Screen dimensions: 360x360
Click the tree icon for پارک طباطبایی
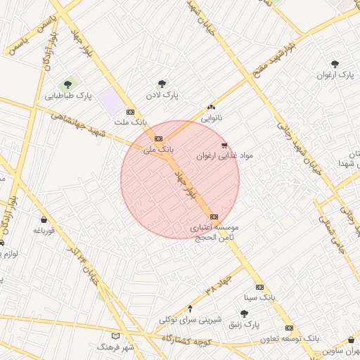point(68,84)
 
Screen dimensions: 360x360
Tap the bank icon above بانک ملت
point(130,112)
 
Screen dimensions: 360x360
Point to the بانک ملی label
point(157,149)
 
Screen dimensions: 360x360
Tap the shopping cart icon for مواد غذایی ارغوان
point(224,146)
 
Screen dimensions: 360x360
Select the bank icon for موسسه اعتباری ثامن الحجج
point(214,217)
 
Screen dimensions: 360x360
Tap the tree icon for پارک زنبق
point(244,314)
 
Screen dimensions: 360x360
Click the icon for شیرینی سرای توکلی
point(190,309)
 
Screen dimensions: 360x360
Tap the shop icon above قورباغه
point(44,219)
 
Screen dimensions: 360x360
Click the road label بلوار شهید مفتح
point(278,59)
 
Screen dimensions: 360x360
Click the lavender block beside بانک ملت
point(110,101)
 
